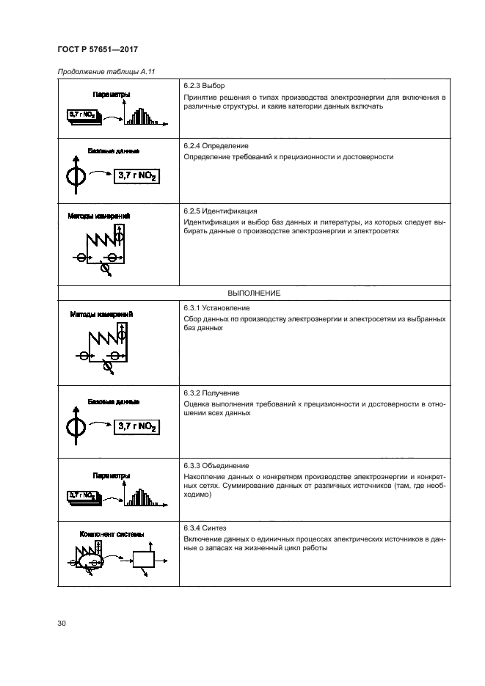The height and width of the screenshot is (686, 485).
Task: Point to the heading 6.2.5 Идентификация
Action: point(220,211)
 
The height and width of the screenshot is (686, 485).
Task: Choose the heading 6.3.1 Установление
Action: point(216,308)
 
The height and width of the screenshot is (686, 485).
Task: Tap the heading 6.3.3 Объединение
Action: point(216,466)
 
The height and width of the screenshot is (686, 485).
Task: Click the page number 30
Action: point(62,624)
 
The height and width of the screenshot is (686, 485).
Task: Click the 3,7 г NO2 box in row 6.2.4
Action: point(137,177)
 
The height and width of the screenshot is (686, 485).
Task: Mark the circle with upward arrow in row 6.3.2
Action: point(76,426)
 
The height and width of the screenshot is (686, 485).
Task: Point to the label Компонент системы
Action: point(111,533)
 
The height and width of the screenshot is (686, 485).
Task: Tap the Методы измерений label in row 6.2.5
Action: point(100,216)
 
